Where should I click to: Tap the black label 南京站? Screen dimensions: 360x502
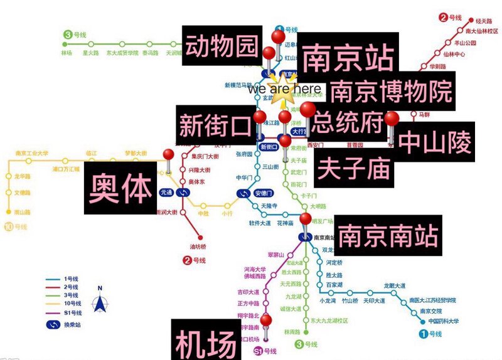(348, 60)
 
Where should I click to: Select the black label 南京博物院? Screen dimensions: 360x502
(390, 92)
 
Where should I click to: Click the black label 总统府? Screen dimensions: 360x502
(348, 122)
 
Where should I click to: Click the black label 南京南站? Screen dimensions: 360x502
(387, 236)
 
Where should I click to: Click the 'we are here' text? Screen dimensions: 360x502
(284, 89)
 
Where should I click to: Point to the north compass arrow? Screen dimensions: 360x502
(99, 302)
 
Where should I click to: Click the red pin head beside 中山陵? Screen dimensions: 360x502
(392, 119)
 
